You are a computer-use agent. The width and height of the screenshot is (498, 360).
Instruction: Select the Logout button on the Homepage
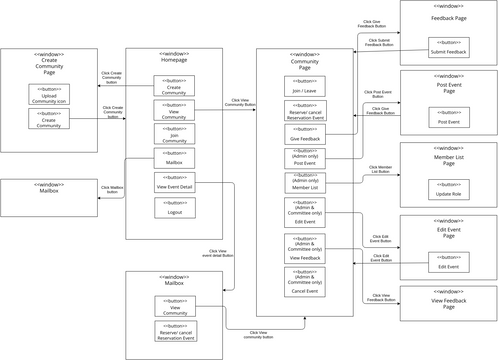[x=175, y=207]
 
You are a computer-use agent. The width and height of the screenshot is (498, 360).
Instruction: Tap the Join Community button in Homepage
[x=175, y=134]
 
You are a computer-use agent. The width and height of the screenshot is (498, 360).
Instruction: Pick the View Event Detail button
[x=175, y=182]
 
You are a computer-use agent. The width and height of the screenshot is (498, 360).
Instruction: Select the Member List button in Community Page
[x=305, y=183]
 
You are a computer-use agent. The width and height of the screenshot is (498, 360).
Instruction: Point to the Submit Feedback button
[x=447, y=48]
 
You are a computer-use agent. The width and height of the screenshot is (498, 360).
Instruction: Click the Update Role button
[x=447, y=189]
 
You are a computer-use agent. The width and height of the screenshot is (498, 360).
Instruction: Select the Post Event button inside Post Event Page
[x=447, y=118]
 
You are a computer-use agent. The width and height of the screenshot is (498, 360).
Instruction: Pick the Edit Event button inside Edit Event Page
[x=447, y=262]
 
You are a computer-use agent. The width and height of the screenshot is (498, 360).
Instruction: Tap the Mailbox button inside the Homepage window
[x=175, y=158]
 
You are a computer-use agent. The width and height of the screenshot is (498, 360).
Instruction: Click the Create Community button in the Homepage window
[x=175, y=86]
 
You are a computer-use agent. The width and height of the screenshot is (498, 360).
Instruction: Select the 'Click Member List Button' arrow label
[x=380, y=170]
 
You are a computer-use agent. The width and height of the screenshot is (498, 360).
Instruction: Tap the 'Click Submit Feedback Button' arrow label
[x=379, y=42]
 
